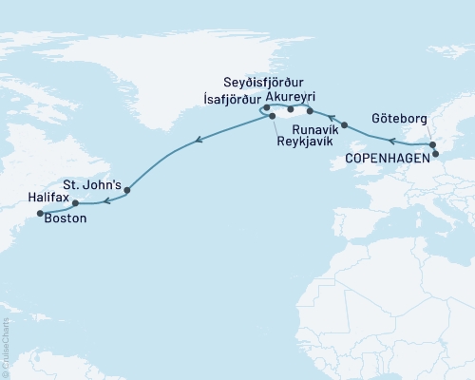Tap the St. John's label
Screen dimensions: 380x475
(x=90, y=182)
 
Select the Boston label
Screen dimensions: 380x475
(x=66, y=218)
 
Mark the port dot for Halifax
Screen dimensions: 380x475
(x=75, y=202)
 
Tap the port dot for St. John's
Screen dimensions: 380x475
(x=127, y=190)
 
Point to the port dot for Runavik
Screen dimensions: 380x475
(x=344, y=124)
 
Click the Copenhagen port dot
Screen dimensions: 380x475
(x=436, y=152)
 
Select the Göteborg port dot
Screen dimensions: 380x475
(x=433, y=145)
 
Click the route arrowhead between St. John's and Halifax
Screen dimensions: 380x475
(x=106, y=200)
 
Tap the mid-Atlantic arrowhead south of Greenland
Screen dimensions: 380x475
(x=197, y=142)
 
